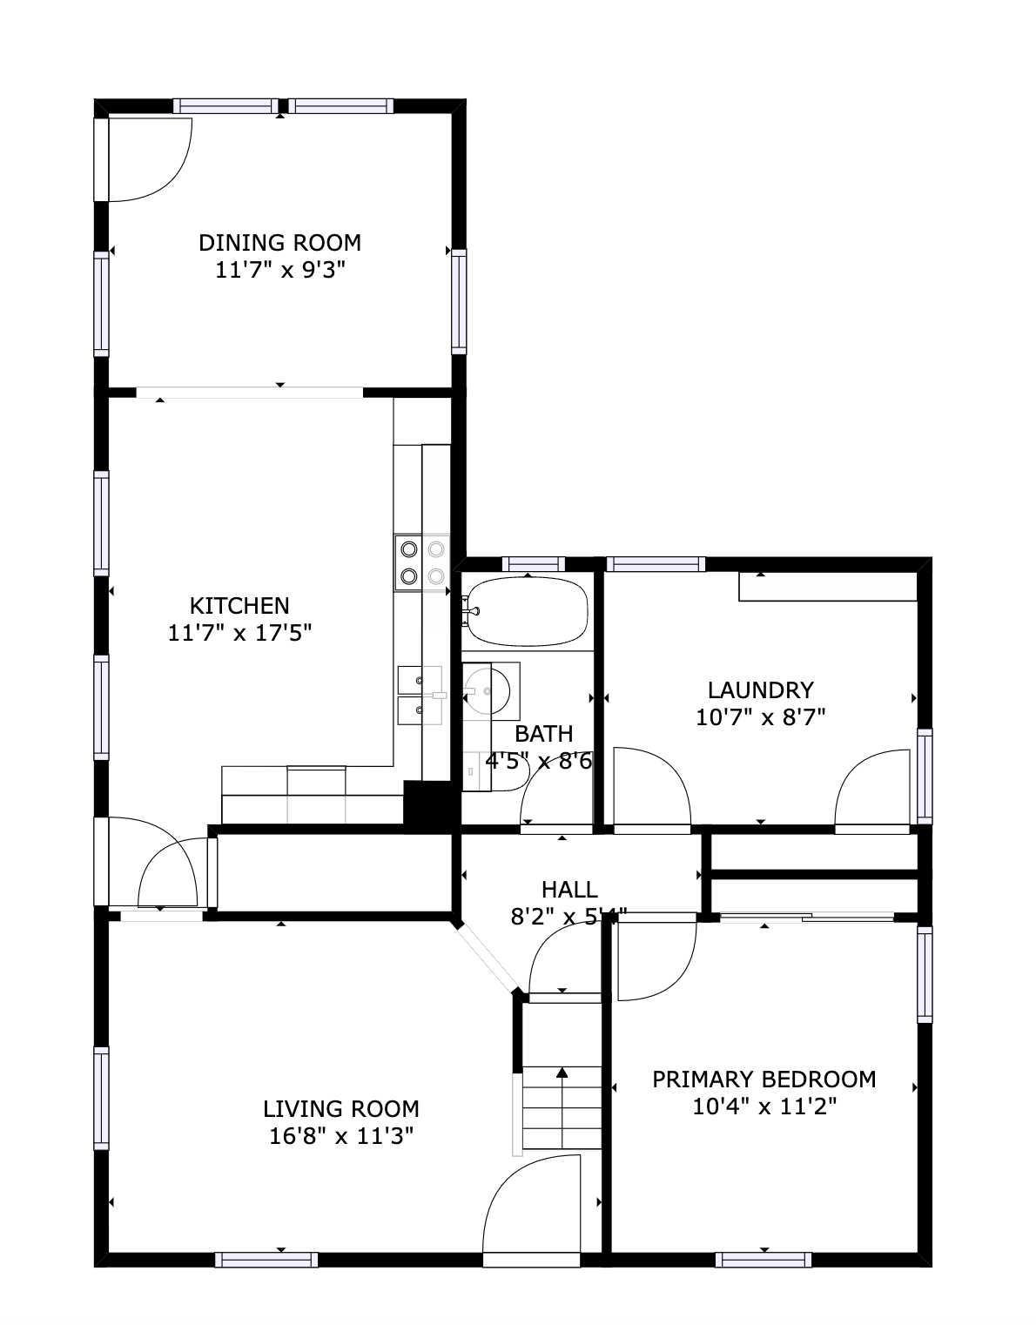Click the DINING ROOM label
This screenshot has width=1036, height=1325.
[279, 242]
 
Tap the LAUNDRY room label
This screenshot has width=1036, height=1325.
[760, 690]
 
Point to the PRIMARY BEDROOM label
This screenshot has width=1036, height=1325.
[764, 1080]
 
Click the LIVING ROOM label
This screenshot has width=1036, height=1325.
[340, 1109]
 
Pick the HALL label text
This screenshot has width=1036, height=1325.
[569, 890]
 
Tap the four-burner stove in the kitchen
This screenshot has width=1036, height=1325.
[421, 562]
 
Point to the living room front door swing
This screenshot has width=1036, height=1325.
[531, 1206]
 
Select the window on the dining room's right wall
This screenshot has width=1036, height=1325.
[459, 301]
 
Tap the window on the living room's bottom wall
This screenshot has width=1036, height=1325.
[266, 1259]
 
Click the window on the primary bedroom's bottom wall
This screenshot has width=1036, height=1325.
[764, 1259]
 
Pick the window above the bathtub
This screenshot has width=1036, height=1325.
[534, 563]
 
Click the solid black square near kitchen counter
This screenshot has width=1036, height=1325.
[426, 804]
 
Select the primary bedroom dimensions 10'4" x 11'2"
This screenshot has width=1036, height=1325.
[764, 1107]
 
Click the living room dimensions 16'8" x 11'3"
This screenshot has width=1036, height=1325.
[340, 1136]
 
